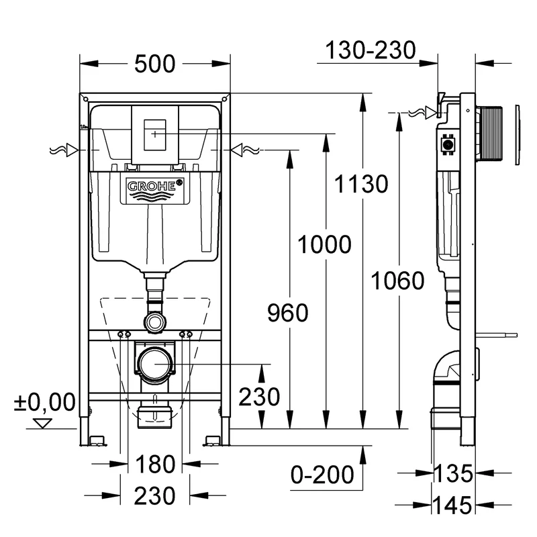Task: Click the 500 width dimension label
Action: pos(154,64)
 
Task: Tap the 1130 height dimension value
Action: pos(362,183)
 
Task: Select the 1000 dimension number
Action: pos(325,245)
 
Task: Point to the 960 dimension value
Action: pos(287,312)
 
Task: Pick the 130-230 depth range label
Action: pos(371,50)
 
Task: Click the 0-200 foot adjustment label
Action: pos(322,475)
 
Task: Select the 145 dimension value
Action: pos(450,503)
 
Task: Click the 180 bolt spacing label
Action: pos(154,464)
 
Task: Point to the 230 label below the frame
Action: pos(154,496)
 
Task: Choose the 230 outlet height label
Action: pos(260,397)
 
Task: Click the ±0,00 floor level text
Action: pos(44,402)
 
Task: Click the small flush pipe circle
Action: pos(155,322)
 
